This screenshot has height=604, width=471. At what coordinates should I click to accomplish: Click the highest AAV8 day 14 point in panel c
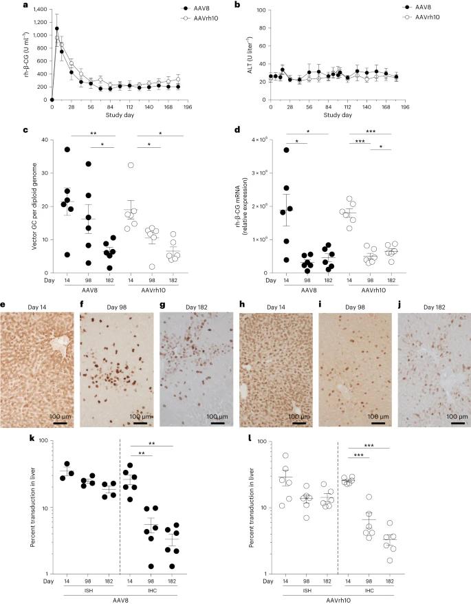67,149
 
